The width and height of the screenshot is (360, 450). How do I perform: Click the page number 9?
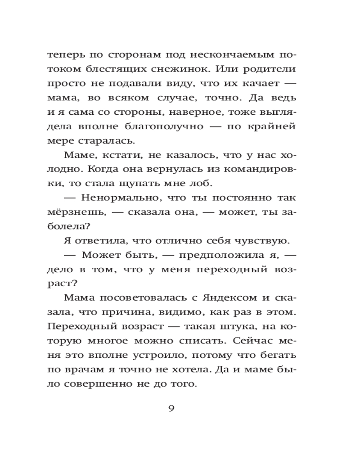[x=171, y=408]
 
